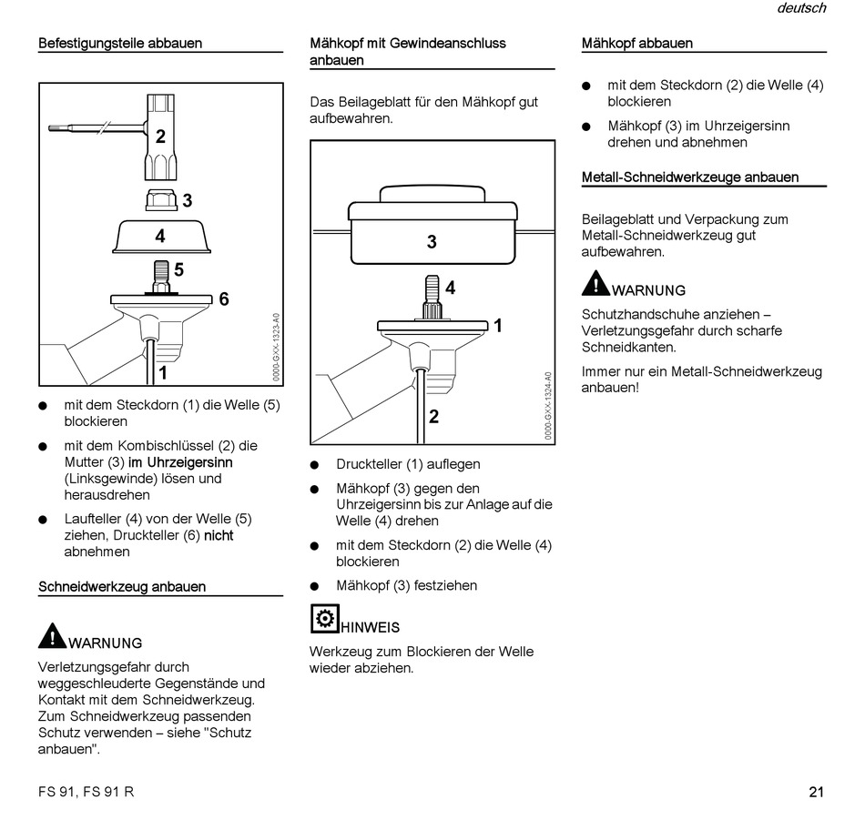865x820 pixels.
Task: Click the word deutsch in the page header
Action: point(801,8)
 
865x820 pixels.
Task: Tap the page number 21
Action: point(816,791)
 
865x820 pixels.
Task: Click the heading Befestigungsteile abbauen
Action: point(120,43)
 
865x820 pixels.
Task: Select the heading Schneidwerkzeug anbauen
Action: point(122,587)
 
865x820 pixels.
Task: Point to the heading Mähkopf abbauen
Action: point(637,43)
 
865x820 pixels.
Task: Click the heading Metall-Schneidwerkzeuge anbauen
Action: point(690,177)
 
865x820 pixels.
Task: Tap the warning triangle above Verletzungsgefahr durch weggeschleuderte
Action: point(53,634)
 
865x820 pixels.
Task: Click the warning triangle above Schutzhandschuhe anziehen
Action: point(596,283)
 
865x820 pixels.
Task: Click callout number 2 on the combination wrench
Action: point(160,137)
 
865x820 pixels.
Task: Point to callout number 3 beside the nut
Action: point(187,200)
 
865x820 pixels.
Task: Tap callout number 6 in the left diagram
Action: point(223,299)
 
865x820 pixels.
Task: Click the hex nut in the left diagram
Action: point(160,198)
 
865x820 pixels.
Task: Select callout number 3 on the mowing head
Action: point(432,242)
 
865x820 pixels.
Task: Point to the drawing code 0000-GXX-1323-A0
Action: point(276,347)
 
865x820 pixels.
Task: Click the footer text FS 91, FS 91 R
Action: point(86,791)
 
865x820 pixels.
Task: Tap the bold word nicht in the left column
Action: point(219,536)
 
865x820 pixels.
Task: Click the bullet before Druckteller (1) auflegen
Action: point(315,465)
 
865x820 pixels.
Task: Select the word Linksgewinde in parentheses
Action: point(102,479)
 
